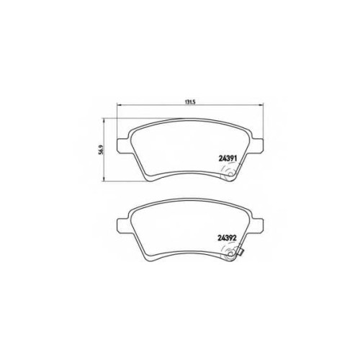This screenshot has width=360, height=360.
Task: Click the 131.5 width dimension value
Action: pyautogui.click(x=190, y=102)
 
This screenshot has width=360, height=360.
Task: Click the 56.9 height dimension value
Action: pyautogui.click(x=102, y=150)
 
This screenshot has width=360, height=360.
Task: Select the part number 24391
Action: pyautogui.click(x=228, y=158)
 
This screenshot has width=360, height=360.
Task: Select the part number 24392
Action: pyautogui.click(x=227, y=238)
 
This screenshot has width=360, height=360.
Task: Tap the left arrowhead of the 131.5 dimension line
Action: pyautogui.click(x=118, y=104)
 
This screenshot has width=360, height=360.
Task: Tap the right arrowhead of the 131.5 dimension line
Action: pyautogui.click(x=261, y=104)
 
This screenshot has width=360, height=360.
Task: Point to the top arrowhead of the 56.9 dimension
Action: pyautogui.click(x=104, y=120)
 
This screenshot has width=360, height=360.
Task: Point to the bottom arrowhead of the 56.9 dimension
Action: pyautogui.click(x=104, y=179)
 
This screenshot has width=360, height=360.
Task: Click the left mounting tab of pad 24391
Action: pyautogui.click(x=122, y=145)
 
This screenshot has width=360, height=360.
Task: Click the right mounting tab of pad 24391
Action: pyautogui.click(x=258, y=145)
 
